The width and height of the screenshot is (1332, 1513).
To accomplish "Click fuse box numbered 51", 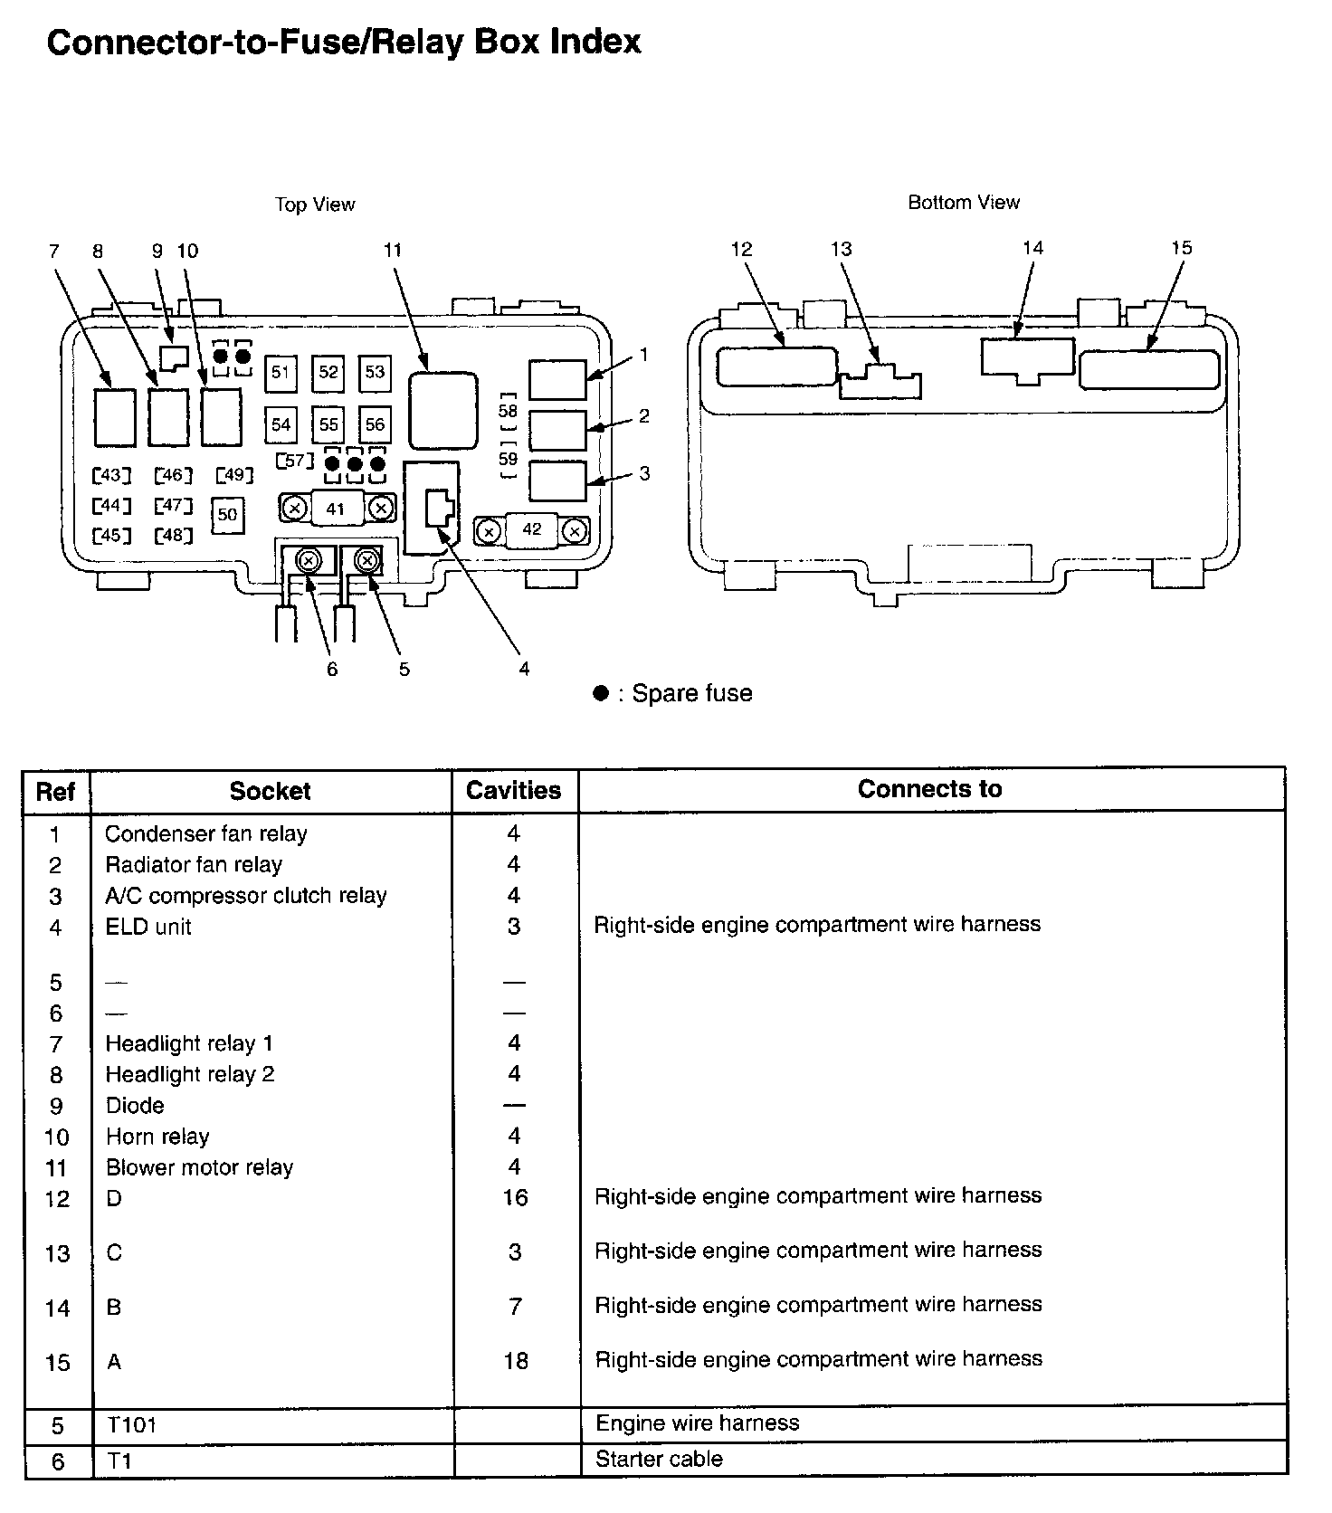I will (x=281, y=373).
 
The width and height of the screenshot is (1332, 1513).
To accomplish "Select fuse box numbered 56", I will (x=375, y=424).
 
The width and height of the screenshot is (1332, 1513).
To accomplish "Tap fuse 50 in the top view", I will (x=227, y=515).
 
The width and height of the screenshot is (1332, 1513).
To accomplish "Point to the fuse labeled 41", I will (x=336, y=509).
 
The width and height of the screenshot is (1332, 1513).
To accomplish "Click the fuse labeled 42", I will (x=532, y=529).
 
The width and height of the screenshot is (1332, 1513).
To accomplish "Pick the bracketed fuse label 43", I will (x=112, y=475).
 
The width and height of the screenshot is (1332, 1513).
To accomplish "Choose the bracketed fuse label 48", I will (x=173, y=536).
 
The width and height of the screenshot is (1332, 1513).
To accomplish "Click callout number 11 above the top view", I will (x=392, y=251).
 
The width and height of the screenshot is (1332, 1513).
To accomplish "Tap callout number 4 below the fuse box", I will (x=524, y=669).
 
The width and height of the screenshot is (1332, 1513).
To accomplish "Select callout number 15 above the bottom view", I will (x=1182, y=248).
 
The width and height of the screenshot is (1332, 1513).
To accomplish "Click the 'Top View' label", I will (x=315, y=205).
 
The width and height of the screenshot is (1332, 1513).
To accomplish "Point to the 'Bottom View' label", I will (x=964, y=203).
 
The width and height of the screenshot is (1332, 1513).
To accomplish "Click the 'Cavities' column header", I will (x=513, y=791).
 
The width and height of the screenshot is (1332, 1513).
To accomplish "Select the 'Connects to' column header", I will (x=929, y=789).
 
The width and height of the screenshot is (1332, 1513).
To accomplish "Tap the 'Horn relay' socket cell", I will (x=157, y=1137).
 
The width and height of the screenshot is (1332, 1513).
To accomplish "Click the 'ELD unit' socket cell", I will (x=148, y=927).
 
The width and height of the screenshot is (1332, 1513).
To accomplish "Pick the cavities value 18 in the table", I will (x=515, y=1361).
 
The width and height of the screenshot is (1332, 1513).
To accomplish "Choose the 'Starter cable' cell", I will (x=659, y=1459).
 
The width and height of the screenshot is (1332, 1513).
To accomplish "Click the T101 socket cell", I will (x=132, y=1425).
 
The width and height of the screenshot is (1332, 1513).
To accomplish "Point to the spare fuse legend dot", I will (x=600, y=694).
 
